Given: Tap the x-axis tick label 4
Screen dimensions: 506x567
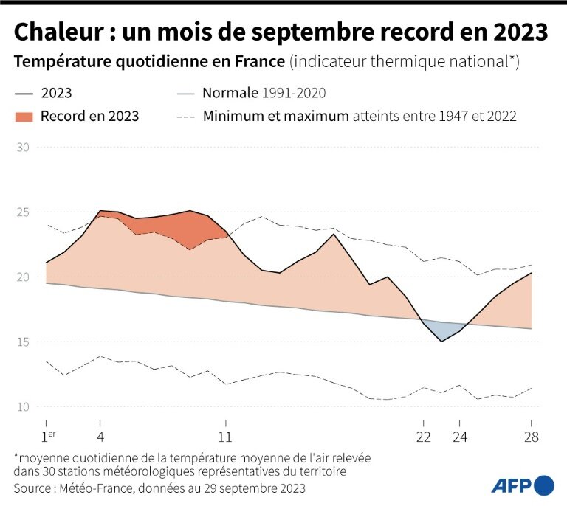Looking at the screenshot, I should point(100,436).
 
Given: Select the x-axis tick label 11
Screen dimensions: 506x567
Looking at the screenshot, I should point(226,436).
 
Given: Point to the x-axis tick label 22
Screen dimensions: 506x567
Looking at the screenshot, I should point(424,436).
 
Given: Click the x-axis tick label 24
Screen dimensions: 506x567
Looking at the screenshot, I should point(460,436).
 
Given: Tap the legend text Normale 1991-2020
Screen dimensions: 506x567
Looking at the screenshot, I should point(264,94).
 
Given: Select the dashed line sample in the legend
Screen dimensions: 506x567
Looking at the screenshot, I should point(186,117).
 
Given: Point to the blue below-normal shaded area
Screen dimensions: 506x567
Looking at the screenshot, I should point(443,330).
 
